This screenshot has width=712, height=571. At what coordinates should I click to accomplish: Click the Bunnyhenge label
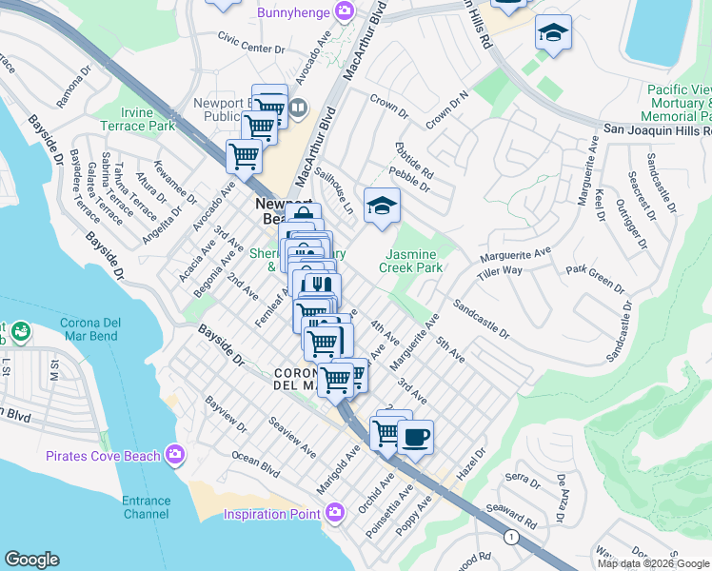(293, 12)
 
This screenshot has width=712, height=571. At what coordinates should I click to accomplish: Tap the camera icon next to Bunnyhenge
(344, 11)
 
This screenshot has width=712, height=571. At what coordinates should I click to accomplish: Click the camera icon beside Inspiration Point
(333, 513)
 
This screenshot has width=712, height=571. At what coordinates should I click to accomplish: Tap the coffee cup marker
(414, 438)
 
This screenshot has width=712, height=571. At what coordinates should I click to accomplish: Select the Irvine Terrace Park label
(137, 119)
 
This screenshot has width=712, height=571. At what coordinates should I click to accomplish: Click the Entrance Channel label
(146, 507)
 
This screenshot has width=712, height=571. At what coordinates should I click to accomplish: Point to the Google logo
(31, 560)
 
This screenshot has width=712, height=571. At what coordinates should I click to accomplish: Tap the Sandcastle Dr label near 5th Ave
(481, 320)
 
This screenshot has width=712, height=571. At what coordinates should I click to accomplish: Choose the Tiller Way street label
(501, 271)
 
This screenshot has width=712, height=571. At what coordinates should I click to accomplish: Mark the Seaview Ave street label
(291, 436)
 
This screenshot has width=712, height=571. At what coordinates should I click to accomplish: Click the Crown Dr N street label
(448, 111)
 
